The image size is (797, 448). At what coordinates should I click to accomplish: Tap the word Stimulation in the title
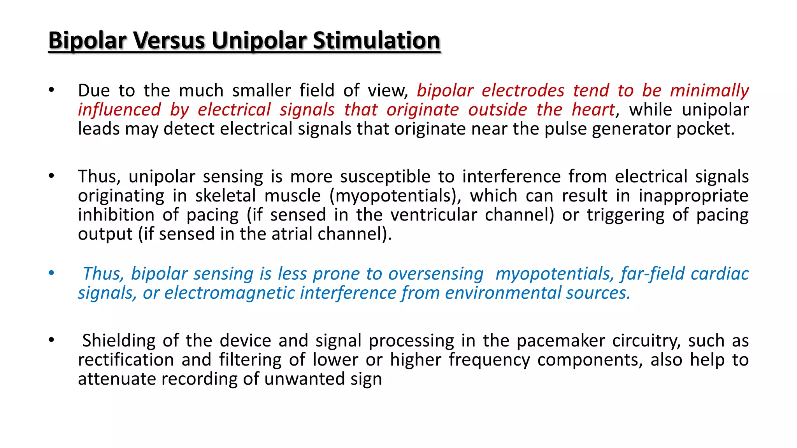[x=376, y=40]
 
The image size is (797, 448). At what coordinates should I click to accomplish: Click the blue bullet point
[x=51, y=273]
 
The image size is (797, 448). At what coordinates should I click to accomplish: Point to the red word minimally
[x=709, y=91]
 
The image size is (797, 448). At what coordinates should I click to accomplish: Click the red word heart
[x=593, y=110]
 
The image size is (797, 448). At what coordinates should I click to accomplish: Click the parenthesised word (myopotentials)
[x=395, y=196]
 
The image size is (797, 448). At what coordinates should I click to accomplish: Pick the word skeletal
[x=225, y=196]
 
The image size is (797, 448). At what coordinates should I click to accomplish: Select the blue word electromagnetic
[x=229, y=293]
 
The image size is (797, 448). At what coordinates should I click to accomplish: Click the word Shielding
[x=118, y=341]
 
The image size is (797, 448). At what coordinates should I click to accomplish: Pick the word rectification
[x=126, y=360]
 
